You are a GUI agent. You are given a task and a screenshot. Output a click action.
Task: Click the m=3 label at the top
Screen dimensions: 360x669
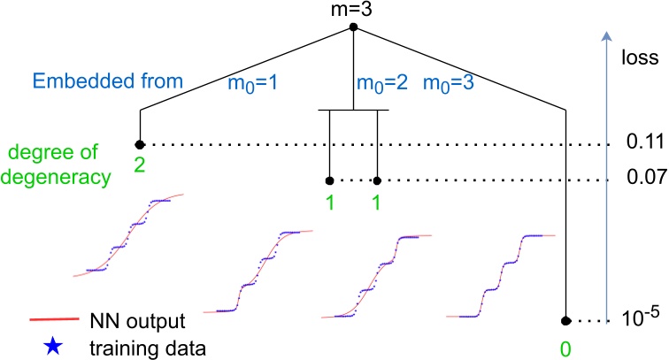(x=354, y=11)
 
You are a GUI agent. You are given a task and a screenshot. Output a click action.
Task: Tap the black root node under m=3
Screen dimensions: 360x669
(x=354, y=27)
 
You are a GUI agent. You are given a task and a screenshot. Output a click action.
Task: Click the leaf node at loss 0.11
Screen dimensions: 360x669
(x=139, y=144)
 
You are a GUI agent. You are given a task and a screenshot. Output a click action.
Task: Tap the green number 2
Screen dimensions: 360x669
(x=139, y=161)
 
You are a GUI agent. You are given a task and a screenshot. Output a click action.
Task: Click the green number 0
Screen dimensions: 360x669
(x=565, y=337)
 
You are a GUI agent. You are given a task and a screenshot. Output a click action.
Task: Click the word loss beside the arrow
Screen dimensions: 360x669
(x=641, y=61)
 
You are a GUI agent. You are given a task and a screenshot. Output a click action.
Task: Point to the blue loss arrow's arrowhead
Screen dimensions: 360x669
(x=605, y=36)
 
